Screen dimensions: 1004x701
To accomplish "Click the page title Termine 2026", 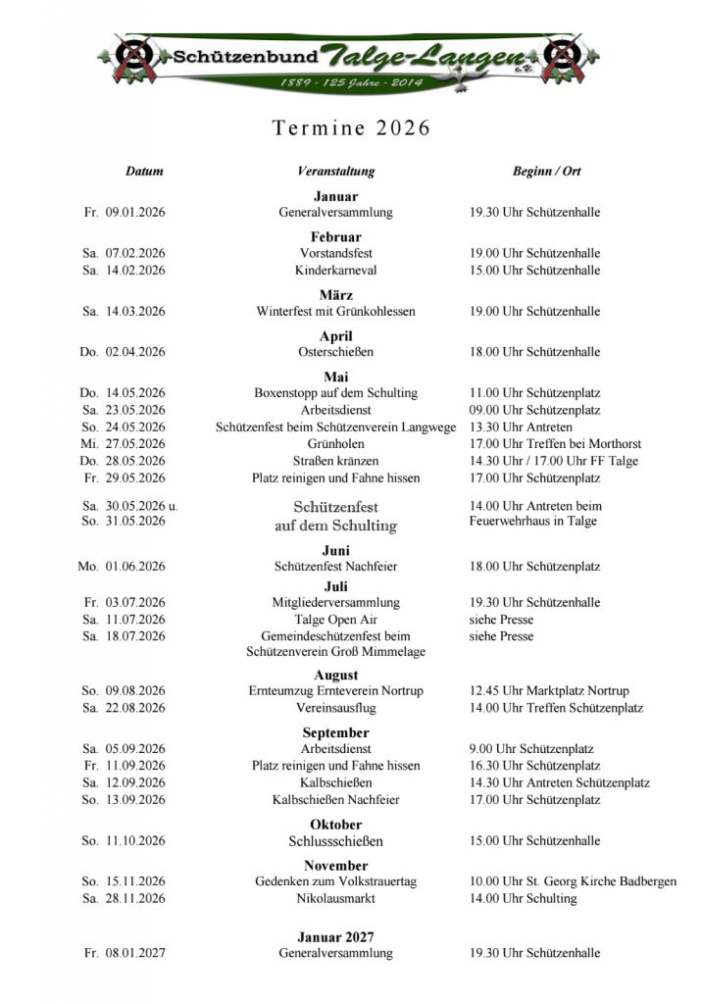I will [x=350, y=128].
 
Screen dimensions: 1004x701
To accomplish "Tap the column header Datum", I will [x=144, y=172].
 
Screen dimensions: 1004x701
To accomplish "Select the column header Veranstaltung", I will [x=335, y=172].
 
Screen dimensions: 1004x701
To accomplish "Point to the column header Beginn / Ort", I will [x=546, y=172].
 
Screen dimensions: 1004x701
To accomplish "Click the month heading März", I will [x=336, y=295].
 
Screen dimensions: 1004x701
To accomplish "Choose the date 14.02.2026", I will [x=135, y=271].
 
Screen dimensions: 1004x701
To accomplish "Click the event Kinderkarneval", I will [x=336, y=271].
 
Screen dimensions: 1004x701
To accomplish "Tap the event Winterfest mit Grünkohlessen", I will [x=336, y=312].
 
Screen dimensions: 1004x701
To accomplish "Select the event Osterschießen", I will [x=336, y=352].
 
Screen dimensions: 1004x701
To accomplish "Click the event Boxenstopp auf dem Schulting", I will [x=336, y=393].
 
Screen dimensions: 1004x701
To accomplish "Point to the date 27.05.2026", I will [x=135, y=443].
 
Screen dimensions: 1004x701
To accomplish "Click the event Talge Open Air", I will [x=336, y=620].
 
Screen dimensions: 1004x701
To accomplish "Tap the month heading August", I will [x=336, y=676].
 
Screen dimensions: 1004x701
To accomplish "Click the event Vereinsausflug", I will [x=336, y=708].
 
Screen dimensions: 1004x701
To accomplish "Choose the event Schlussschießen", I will [x=336, y=841].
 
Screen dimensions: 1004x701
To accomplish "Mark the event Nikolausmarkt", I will [x=336, y=898].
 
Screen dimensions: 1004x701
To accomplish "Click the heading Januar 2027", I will [x=336, y=937].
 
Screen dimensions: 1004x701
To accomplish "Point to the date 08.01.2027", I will [x=135, y=953].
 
